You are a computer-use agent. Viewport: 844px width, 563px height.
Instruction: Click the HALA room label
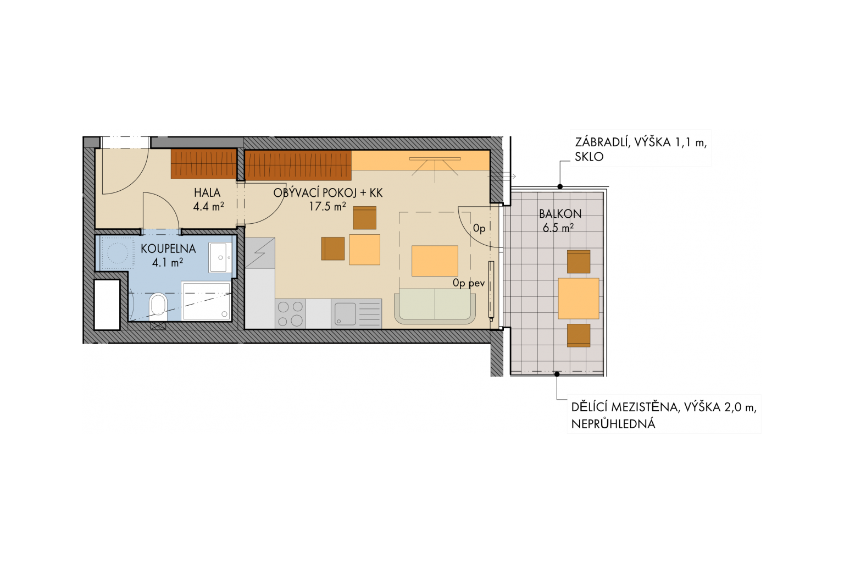[x=207, y=192]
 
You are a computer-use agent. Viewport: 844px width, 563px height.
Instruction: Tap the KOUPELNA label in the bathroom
[x=168, y=249]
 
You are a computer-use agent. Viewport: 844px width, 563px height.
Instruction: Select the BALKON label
[x=560, y=214]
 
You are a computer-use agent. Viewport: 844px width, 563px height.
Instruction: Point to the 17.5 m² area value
[x=327, y=206]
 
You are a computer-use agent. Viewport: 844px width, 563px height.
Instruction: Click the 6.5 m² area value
[x=558, y=228]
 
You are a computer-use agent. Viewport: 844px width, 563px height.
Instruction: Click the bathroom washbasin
[x=221, y=257]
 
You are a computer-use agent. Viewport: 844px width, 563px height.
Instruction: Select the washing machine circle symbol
[x=118, y=252]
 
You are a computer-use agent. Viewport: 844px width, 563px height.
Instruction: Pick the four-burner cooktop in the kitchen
[x=290, y=314]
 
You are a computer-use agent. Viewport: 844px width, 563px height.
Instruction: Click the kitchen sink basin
[x=345, y=314]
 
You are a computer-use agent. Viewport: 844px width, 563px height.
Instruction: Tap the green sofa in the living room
[x=435, y=306]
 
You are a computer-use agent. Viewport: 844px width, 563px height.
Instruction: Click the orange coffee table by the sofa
[x=435, y=261]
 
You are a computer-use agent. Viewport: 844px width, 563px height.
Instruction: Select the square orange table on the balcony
[x=579, y=299]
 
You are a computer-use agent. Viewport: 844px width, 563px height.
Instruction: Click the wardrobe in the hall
[x=204, y=164]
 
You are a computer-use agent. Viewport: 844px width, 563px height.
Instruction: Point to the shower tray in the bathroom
[x=206, y=301]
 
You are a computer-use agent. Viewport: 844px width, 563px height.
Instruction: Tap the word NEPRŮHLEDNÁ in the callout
[x=613, y=424]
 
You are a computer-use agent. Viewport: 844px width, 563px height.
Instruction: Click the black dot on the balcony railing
[x=560, y=186]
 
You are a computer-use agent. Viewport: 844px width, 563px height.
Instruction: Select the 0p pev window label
[x=469, y=283]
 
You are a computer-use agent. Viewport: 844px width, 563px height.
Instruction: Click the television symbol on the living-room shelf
[x=435, y=166]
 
